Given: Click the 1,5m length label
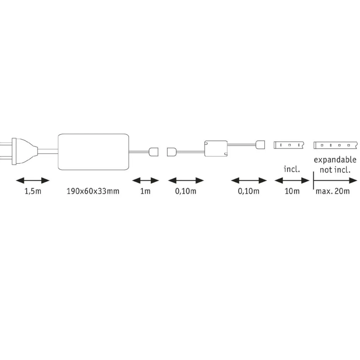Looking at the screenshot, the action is click(x=33, y=191).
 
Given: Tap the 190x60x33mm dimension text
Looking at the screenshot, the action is click(x=93, y=191).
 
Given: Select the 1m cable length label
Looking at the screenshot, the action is click(x=145, y=191).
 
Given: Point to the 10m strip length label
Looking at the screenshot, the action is click(x=292, y=191).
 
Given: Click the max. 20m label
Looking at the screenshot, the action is click(x=333, y=191).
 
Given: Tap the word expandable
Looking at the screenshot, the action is click(x=335, y=160).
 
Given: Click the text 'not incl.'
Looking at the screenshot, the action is click(x=335, y=170).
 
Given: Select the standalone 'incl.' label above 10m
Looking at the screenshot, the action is click(x=292, y=169).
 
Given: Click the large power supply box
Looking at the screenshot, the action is click(x=94, y=152).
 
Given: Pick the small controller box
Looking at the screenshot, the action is click(x=216, y=149).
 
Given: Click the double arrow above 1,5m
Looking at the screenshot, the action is click(x=33, y=180).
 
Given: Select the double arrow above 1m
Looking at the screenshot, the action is click(x=146, y=180).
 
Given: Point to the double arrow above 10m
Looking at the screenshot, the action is click(x=292, y=180).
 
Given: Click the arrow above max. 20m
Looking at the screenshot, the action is click(x=335, y=180).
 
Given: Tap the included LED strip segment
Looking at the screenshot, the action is click(x=289, y=145).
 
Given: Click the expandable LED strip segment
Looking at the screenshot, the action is click(x=336, y=145).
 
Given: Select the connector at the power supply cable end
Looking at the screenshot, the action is click(x=154, y=152).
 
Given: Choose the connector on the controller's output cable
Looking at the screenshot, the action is click(x=260, y=145).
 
